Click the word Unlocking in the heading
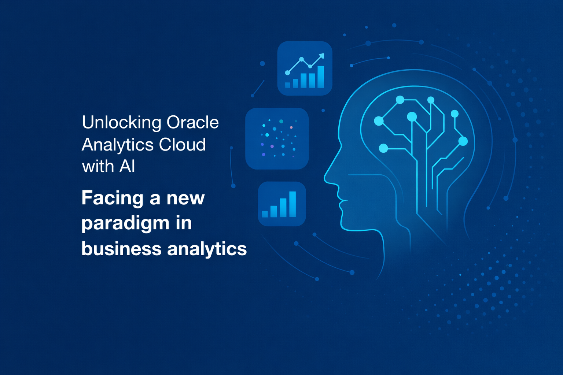122,123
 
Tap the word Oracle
192,122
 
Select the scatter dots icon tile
277,138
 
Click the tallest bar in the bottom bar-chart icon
292,204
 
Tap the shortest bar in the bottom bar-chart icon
265,214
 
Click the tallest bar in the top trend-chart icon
321,77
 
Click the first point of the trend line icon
287,73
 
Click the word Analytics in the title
118,145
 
